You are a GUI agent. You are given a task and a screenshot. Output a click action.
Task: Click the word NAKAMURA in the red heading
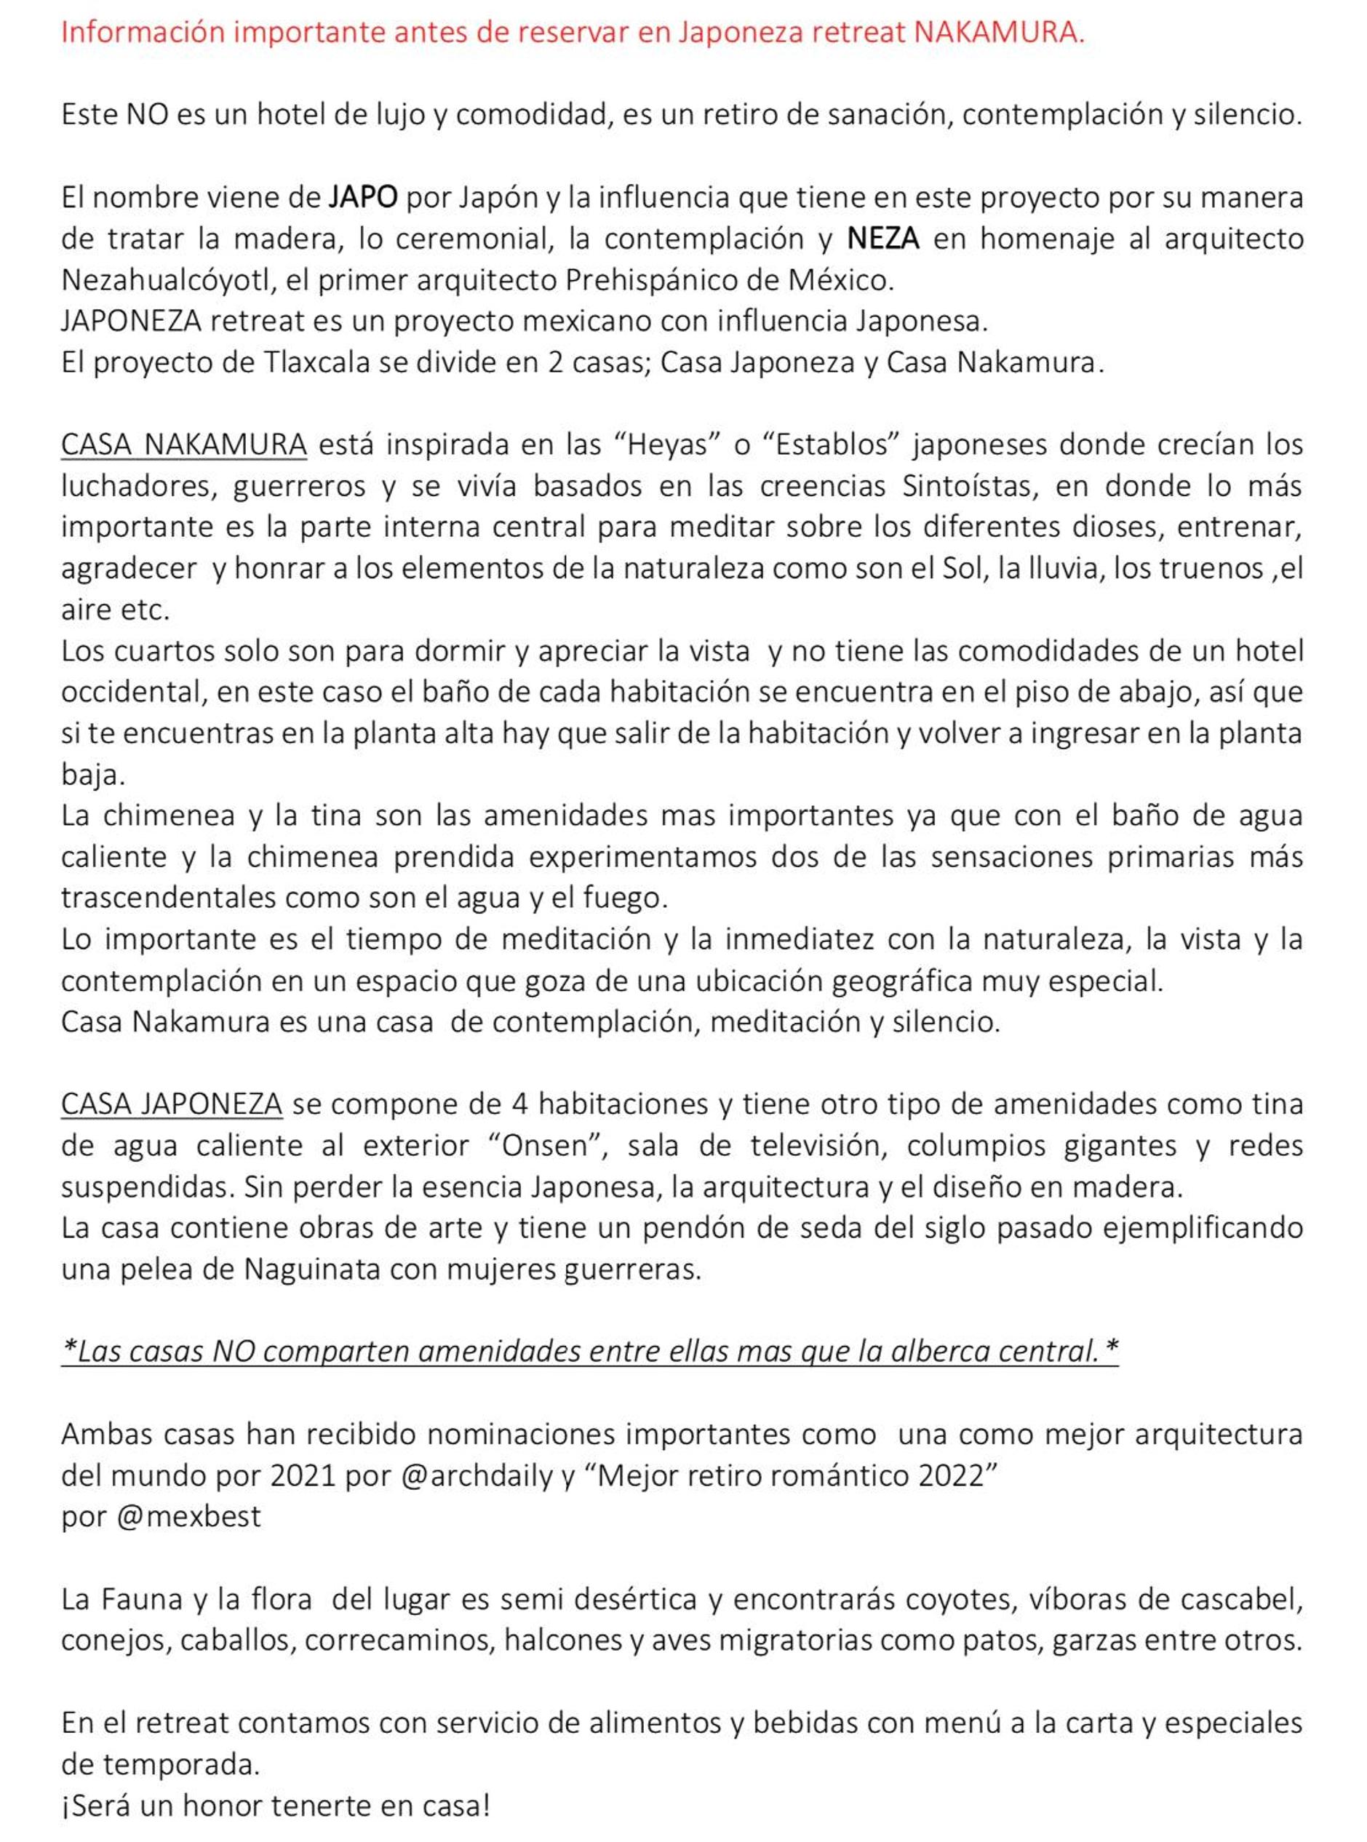pos(999,32)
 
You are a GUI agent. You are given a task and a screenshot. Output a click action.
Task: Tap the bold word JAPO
pos(363,198)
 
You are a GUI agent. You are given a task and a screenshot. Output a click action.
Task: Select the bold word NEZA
pos(883,239)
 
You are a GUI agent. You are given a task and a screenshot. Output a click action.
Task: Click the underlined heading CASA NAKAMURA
pos(184,444)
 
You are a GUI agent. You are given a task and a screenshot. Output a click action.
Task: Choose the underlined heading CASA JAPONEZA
pos(171,1104)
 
